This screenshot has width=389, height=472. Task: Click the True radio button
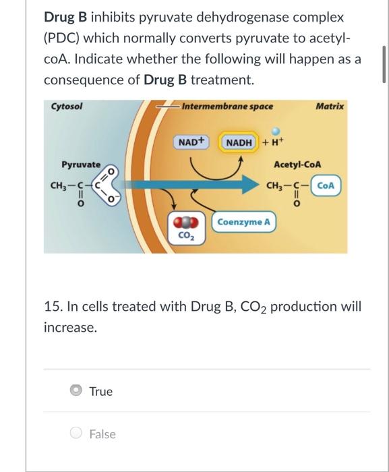pos(76,391)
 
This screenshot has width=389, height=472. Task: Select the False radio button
pos(76,434)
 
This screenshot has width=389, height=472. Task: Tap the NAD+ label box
pos(191,142)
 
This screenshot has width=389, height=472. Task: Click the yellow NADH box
pos(239,142)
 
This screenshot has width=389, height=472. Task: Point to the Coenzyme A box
pos(245,222)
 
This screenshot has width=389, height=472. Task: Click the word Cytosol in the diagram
pos(67,107)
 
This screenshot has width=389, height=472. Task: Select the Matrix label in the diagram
pos(329,107)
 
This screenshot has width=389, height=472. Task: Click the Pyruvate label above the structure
pos(81,165)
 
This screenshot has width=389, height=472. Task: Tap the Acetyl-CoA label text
pos(297,165)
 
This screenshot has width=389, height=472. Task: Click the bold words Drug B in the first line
pos(67,16)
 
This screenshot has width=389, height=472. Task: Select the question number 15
pos(51,307)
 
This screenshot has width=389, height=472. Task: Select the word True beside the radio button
pos(101,391)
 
